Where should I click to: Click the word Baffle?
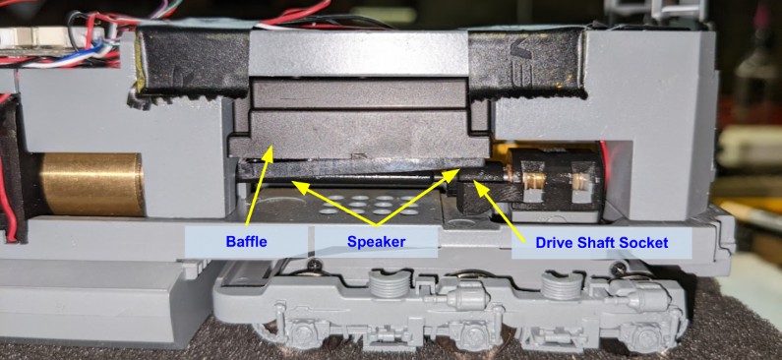(246, 242)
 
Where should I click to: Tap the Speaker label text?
(376, 242)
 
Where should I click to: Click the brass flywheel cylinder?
(91, 184)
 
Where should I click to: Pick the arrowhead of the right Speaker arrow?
(452, 173)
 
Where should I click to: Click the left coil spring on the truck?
(389, 285)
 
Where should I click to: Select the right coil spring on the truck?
(562, 285)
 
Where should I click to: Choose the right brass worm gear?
(580, 183)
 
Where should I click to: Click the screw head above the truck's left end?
(313, 264)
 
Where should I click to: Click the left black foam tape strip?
(193, 61)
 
